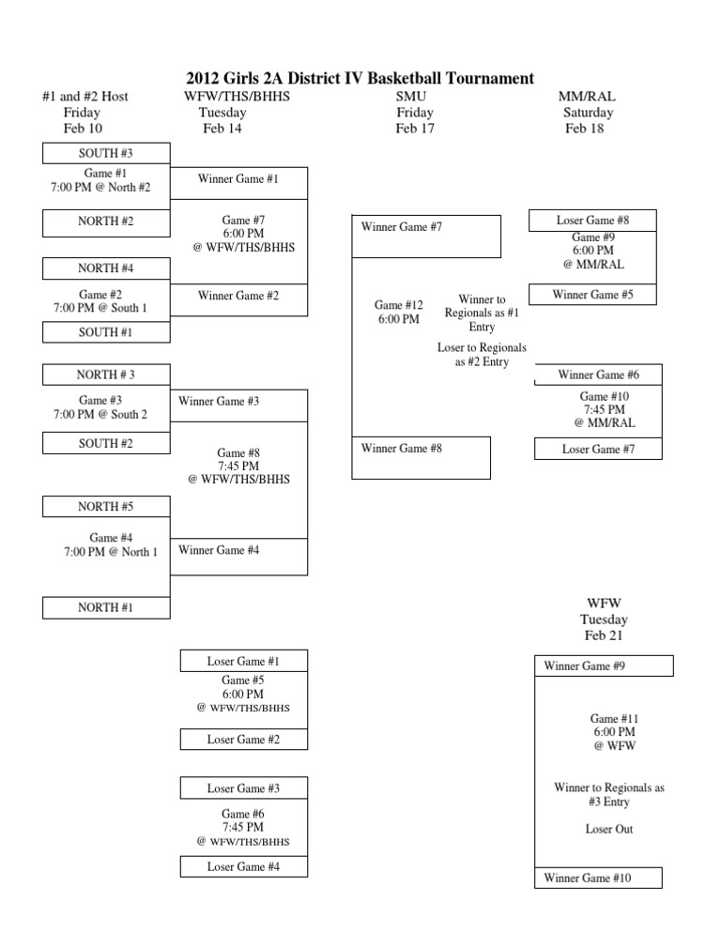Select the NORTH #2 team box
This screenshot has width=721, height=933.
click(105, 222)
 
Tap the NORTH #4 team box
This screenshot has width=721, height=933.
click(105, 268)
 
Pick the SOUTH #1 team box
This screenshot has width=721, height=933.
click(105, 332)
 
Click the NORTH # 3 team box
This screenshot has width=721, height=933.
click(105, 375)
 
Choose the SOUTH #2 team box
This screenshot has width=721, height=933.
click(105, 443)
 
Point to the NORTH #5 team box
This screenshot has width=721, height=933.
click(105, 507)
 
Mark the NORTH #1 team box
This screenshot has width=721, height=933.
click(105, 607)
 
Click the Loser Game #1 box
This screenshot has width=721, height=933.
click(243, 662)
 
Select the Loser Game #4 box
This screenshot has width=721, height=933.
click(243, 867)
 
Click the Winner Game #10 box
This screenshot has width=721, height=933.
click(596, 878)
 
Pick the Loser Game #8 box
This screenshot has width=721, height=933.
click(593, 221)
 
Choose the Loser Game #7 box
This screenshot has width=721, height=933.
click(598, 450)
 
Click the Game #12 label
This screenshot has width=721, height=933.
click(399, 305)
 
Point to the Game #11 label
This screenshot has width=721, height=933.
click(614, 718)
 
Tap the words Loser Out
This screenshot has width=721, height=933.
click(608, 830)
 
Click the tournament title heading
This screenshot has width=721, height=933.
click(360, 79)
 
